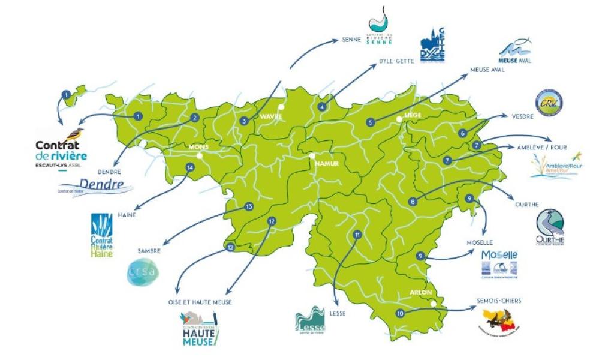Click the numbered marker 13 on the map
pos(249,206)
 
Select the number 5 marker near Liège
pos(371,122)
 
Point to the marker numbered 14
pos(190,167)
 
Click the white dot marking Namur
pos(312,155)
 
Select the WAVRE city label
pos(270,116)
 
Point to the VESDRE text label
pos(522,116)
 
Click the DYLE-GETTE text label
pos(396,61)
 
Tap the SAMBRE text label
pos(149,251)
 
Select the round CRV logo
pos(549,102)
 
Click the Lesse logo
pos(310,321)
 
